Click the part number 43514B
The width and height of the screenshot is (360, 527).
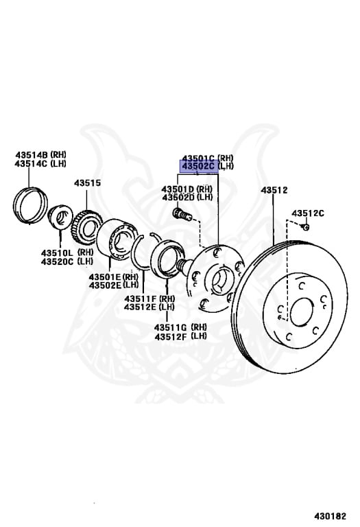click(32, 155)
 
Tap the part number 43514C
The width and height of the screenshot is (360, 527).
click(32, 164)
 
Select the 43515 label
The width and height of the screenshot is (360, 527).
click(87, 183)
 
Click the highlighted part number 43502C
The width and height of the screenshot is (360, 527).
click(198, 166)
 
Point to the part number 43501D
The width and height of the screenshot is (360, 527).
click(178, 189)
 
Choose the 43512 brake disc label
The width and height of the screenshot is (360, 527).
click(274, 190)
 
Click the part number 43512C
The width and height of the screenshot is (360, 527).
click(308, 213)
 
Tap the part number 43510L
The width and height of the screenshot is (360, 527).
click(57, 253)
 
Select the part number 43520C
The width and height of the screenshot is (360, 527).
click(57, 261)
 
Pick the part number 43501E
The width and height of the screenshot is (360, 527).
click(105, 277)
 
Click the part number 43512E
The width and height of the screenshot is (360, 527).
click(141, 307)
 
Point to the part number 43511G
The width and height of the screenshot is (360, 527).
click(171, 327)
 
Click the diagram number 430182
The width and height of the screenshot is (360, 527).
click(330, 516)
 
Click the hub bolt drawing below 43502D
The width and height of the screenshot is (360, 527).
click(182, 214)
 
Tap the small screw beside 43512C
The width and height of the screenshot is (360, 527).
click(305, 227)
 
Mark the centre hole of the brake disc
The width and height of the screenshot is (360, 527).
click(302, 312)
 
